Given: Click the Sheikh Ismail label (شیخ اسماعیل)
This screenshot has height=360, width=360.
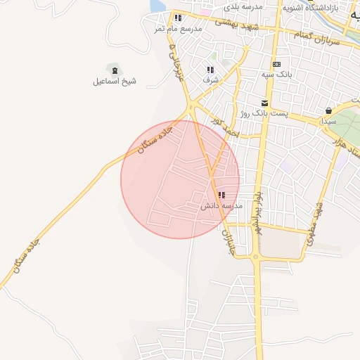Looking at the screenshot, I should pos(115,82).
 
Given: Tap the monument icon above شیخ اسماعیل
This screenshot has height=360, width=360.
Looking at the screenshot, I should pos(115,69).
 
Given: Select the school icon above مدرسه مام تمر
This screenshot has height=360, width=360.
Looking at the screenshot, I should pos(179,18).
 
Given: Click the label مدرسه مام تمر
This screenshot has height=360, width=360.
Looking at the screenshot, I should pos(179,29).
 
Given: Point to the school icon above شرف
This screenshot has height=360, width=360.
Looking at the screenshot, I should pos(210,70).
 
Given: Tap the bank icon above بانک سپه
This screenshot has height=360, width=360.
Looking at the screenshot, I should pos(276,63).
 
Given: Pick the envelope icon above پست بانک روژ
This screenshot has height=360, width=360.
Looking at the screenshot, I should pos(264,103).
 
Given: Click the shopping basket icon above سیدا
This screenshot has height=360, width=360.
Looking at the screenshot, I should pos(328,110).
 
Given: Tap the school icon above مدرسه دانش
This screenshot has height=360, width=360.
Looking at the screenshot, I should pos(221,195).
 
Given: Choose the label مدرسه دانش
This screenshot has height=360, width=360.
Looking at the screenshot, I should pos(221,207).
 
